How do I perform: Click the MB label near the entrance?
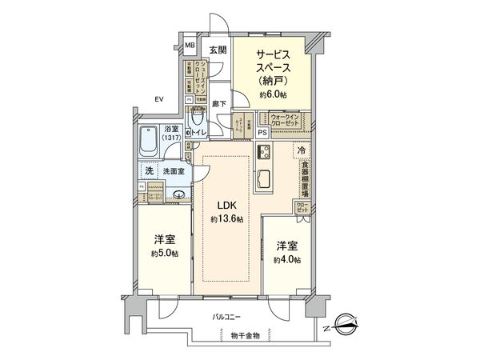pos(190,45)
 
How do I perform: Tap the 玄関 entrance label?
pos(218,50)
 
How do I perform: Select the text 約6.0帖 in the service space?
pos(272,95)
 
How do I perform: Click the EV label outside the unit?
pos(159,99)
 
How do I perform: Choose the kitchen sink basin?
pos(265,178)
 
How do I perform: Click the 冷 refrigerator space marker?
pos(302,150)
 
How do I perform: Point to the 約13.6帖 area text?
pos(227,219)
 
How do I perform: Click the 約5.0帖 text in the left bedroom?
pos(163,253)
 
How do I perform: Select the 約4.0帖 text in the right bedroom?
pos(286,260)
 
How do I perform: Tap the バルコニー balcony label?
pos(229,318)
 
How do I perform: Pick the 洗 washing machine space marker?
pos(149,170)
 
